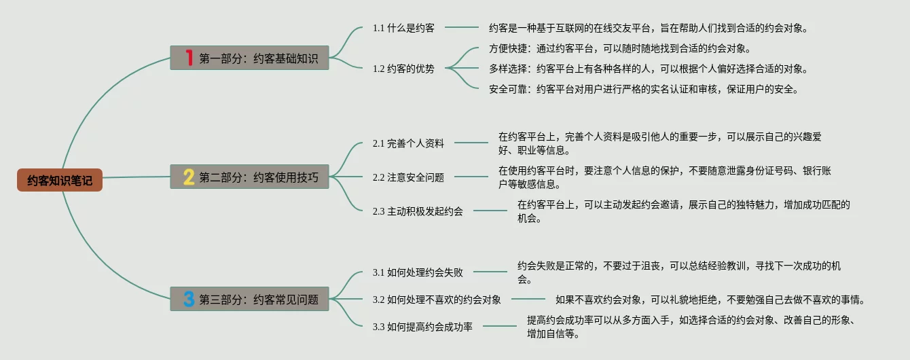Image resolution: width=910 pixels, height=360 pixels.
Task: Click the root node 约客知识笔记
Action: (x=60, y=180)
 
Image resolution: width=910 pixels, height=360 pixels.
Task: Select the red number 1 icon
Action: (x=189, y=58)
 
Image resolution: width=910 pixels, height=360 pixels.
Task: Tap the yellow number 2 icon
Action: (x=189, y=177)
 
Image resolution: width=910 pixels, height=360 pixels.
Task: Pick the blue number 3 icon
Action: (x=189, y=299)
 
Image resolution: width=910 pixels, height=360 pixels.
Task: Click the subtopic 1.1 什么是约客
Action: (x=403, y=28)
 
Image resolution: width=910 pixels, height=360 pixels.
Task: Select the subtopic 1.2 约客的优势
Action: (x=403, y=68)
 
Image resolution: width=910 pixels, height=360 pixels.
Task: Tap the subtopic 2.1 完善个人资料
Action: (x=408, y=143)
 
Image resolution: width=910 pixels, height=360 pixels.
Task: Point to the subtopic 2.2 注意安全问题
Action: (x=408, y=177)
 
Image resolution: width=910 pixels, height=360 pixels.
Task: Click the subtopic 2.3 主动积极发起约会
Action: (x=418, y=211)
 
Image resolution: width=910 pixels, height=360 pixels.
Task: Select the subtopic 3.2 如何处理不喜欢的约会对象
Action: (x=437, y=299)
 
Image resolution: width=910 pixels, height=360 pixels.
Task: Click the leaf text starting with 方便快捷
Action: (x=619, y=48)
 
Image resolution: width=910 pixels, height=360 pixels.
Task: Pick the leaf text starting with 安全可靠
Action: (x=643, y=89)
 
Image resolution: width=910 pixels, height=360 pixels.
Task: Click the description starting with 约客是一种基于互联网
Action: (x=648, y=28)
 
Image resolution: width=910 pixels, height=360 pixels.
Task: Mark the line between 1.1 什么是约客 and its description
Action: (x=462, y=28)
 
